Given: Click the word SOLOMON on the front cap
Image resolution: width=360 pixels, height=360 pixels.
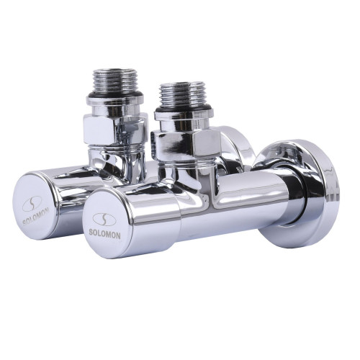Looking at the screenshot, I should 104,233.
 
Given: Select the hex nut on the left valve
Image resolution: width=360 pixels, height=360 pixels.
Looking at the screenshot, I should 115,130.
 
